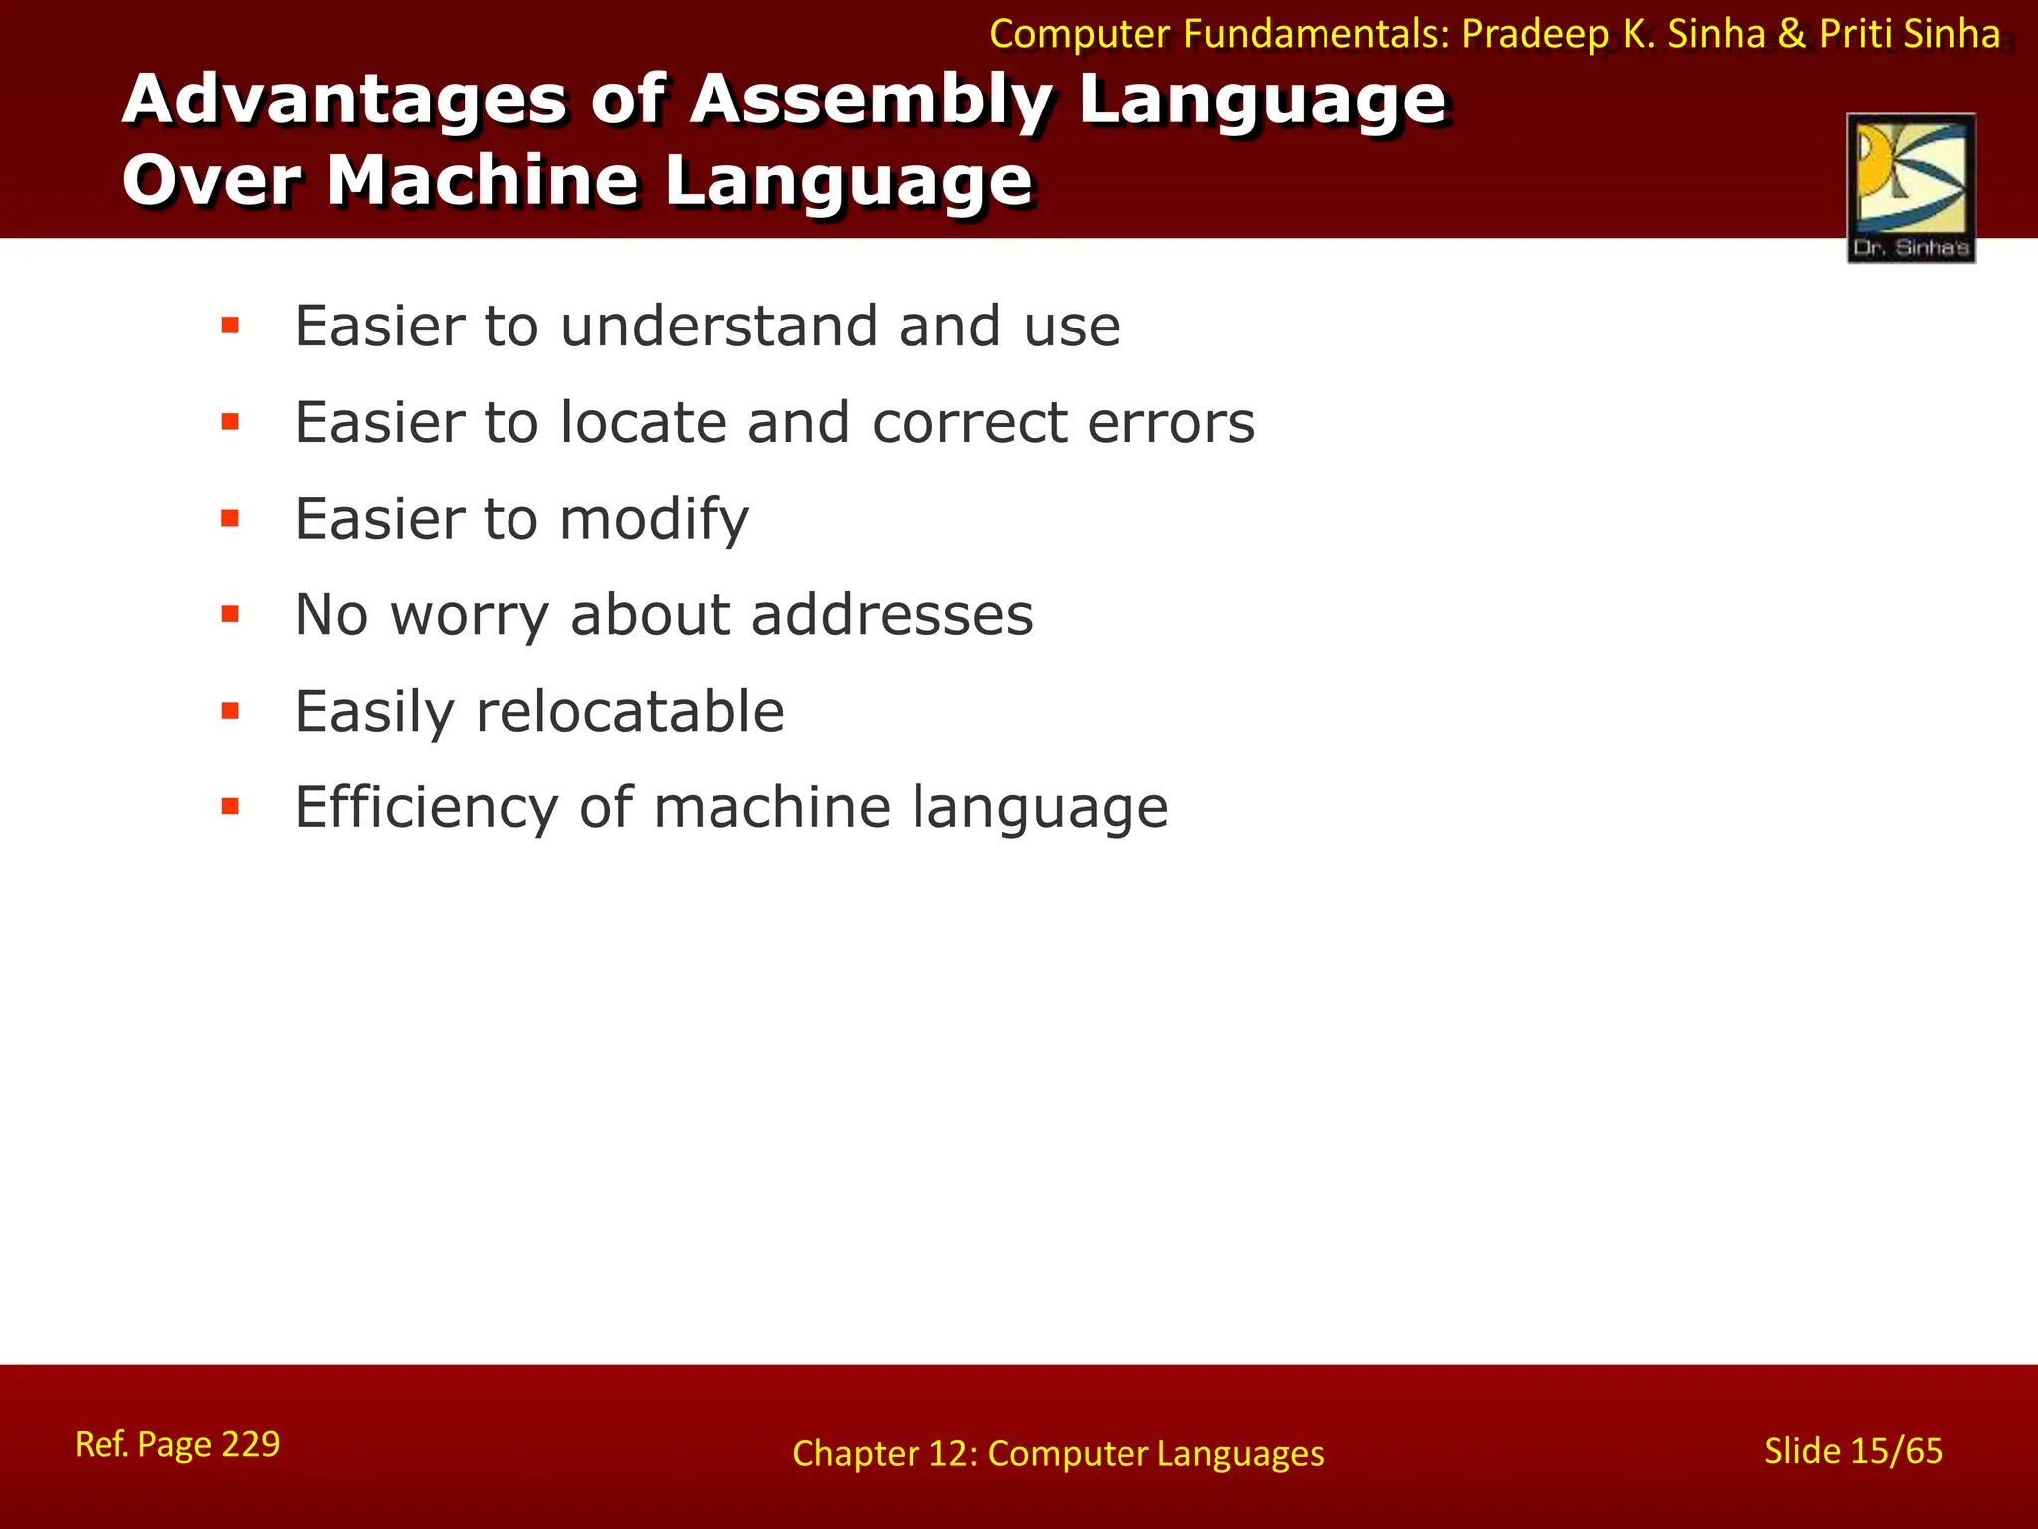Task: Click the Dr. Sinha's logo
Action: click(x=1911, y=188)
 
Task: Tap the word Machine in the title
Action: click(x=484, y=181)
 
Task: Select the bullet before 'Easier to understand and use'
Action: click(x=230, y=326)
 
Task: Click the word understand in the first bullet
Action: click(x=718, y=327)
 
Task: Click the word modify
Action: click(x=654, y=520)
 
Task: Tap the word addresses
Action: click(x=892, y=615)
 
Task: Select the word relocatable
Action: click(x=630, y=712)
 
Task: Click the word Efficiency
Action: click(x=427, y=807)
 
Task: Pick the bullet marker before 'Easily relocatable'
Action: click(x=230, y=711)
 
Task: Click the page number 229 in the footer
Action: click(x=250, y=1444)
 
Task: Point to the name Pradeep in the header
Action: click(x=1533, y=35)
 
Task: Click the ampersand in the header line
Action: click(x=1792, y=35)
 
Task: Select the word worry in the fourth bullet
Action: click(x=470, y=616)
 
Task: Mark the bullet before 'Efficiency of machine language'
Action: click(x=230, y=807)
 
